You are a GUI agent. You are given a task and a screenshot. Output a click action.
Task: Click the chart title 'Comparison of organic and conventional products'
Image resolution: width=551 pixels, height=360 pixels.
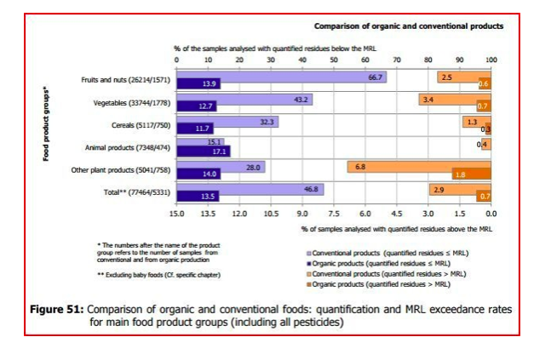[x=408, y=26]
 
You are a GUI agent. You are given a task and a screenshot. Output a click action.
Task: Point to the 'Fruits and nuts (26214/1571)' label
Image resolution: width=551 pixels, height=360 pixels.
[x=126, y=80]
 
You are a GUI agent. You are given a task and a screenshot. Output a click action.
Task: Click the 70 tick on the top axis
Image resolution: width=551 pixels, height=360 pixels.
[x=397, y=60]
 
